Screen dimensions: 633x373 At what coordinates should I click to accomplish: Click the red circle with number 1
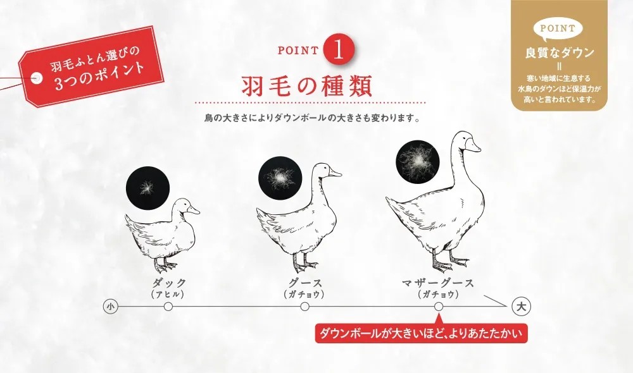339,51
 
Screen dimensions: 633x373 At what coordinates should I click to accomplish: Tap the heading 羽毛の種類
306,85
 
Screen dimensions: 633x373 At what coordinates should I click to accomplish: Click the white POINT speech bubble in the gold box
558,29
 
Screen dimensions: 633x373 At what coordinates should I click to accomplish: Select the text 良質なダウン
559,53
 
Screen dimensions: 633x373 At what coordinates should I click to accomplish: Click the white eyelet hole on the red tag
37,78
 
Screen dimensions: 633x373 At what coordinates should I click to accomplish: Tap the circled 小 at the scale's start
111,307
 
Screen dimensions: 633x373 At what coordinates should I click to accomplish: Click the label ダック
169,283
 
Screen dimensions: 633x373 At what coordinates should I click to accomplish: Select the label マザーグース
438,283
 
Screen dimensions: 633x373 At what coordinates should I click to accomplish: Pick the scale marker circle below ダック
168,307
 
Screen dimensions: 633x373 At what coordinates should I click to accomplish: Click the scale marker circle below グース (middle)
305,307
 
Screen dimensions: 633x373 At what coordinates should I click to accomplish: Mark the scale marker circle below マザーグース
439,307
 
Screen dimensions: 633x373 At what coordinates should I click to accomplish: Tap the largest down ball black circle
417,162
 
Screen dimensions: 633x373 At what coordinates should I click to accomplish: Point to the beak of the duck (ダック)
192,210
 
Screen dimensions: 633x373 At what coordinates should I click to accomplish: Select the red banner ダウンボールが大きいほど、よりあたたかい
421,333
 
